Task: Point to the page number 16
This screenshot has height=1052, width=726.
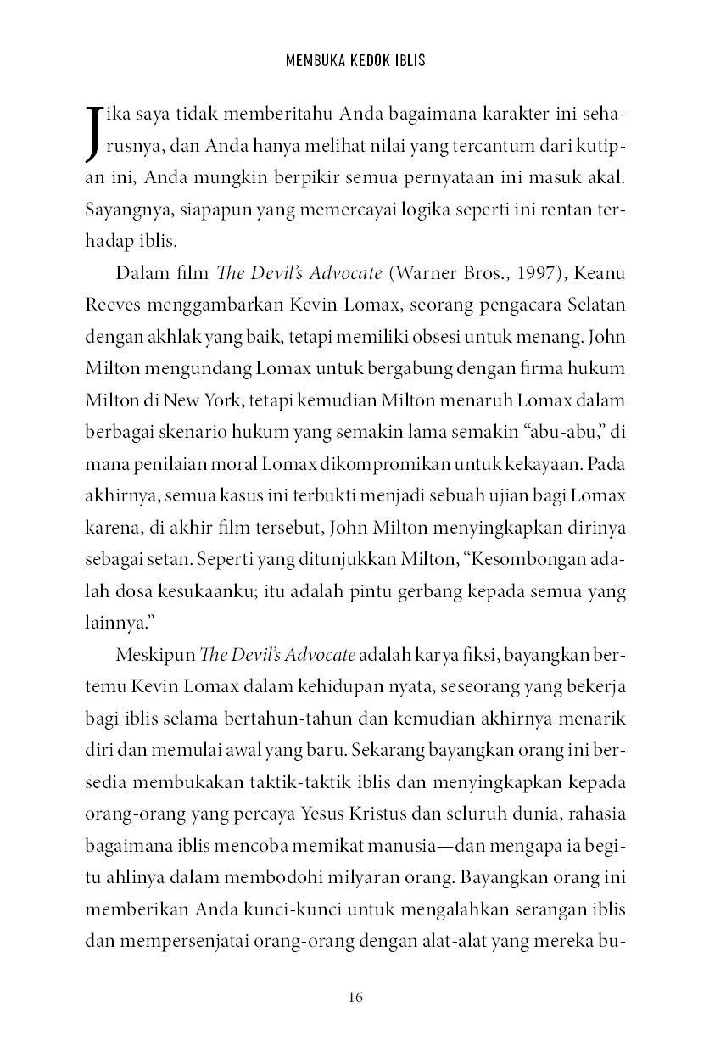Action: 356,998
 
